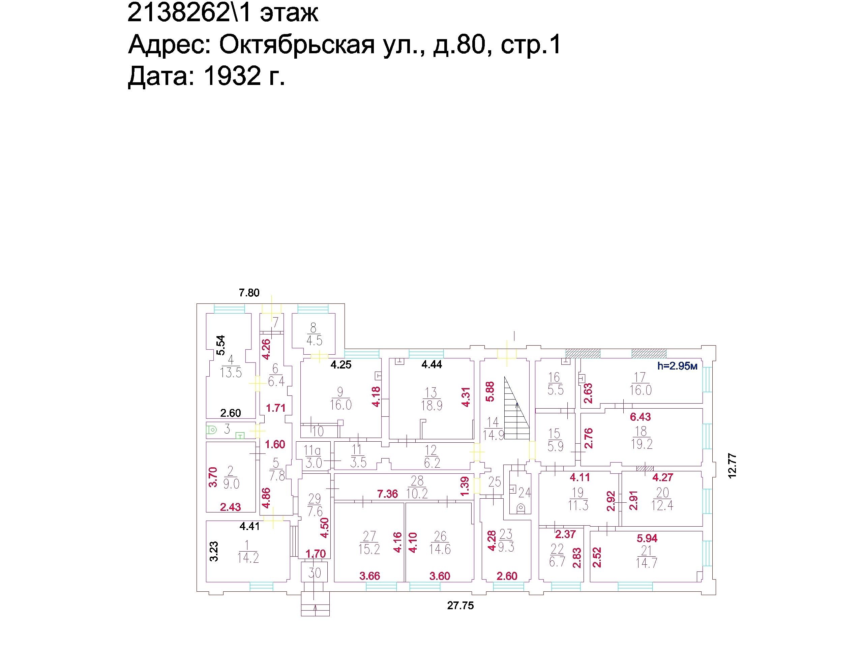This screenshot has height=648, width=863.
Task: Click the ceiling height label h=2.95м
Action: click(x=677, y=366)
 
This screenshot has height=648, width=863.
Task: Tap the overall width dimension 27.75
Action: click(x=460, y=606)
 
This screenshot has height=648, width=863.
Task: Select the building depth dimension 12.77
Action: click(x=732, y=465)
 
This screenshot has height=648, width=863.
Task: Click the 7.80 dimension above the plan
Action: click(x=249, y=293)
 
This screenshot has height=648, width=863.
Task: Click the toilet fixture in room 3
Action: click(x=212, y=430)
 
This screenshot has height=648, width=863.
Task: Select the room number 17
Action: click(x=640, y=377)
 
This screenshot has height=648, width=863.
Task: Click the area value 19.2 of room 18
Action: click(x=642, y=444)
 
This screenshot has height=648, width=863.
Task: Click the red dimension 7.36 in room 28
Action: click(x=387, y=494)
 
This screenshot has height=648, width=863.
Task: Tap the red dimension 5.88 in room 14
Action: click(x=490, y=391)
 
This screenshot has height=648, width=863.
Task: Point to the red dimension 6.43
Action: click(x=641, y=417)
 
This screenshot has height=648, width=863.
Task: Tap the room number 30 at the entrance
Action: click(x=315, y=573)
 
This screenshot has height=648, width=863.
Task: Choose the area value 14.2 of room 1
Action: click(x=248, y=558)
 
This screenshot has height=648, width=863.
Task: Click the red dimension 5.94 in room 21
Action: click(x=647, y=538)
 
